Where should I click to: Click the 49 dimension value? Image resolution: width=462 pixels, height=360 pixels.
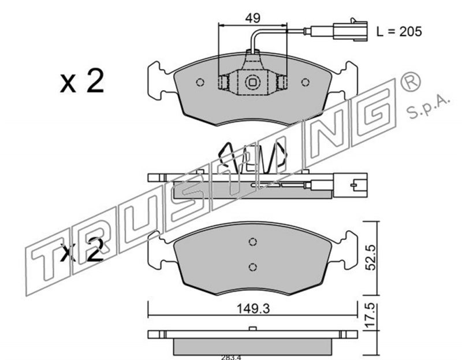point(253,18)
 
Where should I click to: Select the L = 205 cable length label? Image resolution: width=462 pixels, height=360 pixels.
point(399,32)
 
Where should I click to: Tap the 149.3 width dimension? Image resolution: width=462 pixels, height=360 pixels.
point(254,309)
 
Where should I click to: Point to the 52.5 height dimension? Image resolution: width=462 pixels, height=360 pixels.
point(371,257)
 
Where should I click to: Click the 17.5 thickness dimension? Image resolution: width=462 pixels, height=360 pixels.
point(371,316)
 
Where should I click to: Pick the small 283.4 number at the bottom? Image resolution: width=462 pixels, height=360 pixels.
point(232,357)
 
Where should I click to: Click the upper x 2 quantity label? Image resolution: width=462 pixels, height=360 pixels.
point(82,81)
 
